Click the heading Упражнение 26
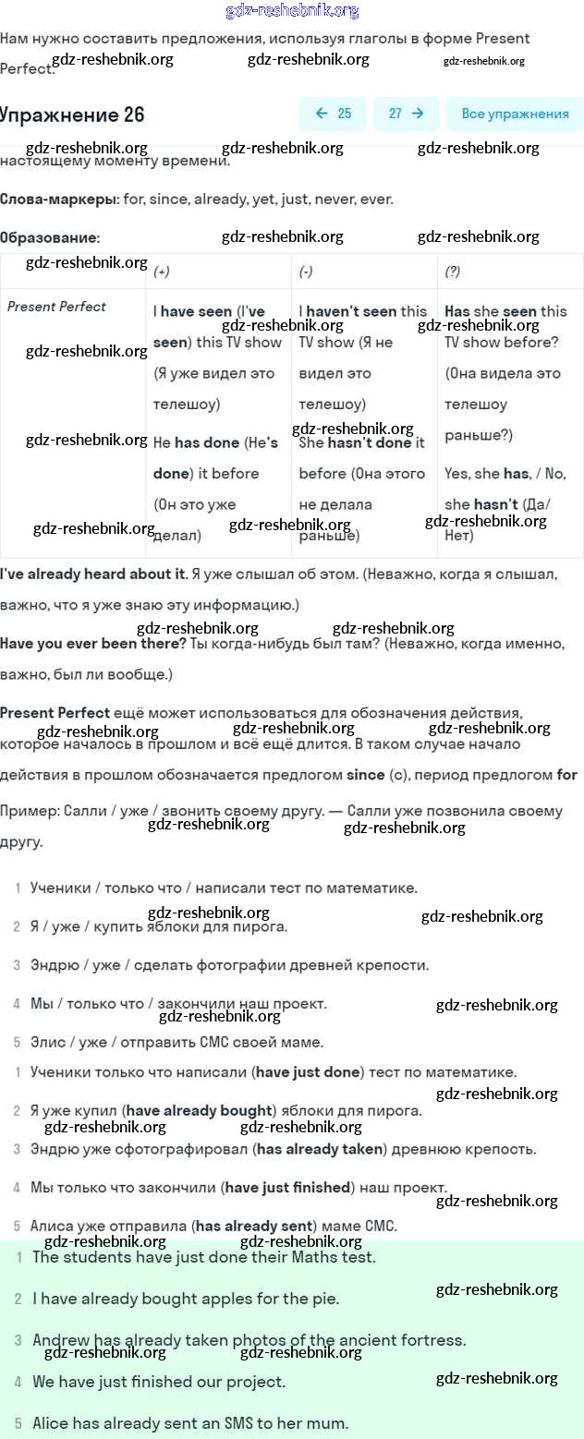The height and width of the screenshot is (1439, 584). (72, 115)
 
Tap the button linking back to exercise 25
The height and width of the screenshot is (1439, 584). (333, 114)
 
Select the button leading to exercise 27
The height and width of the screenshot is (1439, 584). (406, 114)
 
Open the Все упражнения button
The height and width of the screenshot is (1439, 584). (515, 114)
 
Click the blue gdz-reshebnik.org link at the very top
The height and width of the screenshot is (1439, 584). (292, 11)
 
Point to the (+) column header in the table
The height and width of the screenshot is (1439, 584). (162, 272)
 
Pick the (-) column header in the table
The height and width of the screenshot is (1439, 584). (306, 272)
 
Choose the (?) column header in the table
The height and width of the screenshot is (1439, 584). (453, 272)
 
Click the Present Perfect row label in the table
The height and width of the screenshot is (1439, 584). (56, 307)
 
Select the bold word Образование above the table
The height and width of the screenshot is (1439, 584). (49, 237)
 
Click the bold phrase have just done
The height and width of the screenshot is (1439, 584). (309, 1072)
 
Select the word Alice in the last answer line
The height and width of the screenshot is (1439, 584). (51, 1423)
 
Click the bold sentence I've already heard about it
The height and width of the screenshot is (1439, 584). (92, 574)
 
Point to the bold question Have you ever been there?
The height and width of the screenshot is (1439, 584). (92, 643)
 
